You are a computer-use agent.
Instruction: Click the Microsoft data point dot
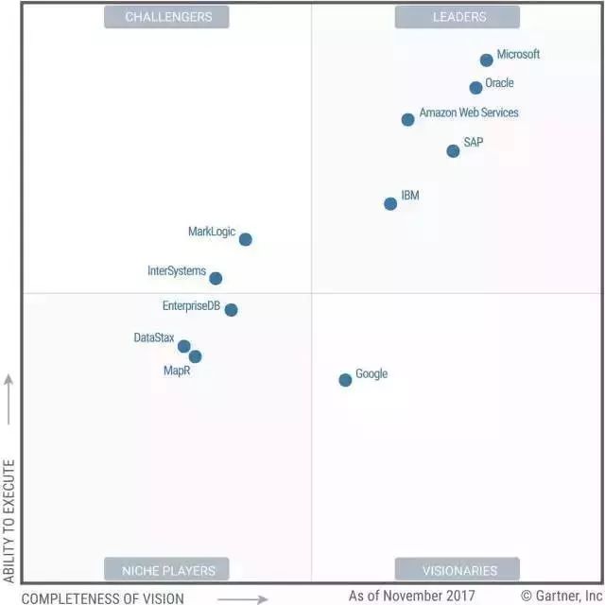[487, 60]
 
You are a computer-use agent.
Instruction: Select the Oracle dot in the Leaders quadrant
[475, 88]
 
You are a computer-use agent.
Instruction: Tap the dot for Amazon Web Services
[407, 120]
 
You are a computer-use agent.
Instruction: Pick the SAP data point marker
[453, 151]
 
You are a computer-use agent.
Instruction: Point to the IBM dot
[390, 204]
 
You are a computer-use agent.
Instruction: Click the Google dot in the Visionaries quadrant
[345, 380]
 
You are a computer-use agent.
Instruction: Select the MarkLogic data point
[246, 240]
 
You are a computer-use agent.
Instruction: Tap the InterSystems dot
[216, 279]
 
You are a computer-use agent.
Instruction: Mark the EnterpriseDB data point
[231, 310]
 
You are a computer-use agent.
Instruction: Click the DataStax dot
[184, 347]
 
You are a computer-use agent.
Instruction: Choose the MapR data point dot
[195, 356]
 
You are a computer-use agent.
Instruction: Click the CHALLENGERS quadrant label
[168, 17]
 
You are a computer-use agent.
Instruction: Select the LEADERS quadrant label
[458, 17]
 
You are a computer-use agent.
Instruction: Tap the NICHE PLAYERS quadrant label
[168, 570]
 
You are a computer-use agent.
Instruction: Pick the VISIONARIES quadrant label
[458, 570]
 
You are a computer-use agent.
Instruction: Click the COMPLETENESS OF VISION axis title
[103, 597]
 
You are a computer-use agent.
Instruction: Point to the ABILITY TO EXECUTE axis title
[9, 521]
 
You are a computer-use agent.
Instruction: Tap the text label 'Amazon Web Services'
[469, 112]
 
